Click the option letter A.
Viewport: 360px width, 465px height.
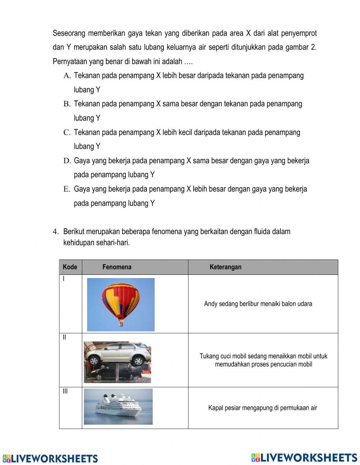tap(67, 76)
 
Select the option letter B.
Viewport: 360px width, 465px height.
tap(67, 104)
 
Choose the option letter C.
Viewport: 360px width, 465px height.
tap(67, 133)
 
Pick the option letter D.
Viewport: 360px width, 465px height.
tap(67, 161)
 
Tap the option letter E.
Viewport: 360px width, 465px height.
tap(67, 189)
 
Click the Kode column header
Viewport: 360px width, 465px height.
tap(70, 267)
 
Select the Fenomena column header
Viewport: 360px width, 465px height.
tap(117, 267)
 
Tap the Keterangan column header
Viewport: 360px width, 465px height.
tap(225, 267)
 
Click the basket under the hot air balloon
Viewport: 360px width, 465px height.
tap(121, 324)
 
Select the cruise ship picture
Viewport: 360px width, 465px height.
tap(118, 407)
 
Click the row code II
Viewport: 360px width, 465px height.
tap(64, 337)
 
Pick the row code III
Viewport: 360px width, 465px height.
tap(65, 392)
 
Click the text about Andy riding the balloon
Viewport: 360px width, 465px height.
tap(258, 304)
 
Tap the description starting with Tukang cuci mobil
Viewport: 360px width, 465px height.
tap(263, 360)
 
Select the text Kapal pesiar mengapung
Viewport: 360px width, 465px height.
tap(262, 408)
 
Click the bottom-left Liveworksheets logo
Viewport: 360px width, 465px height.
tap(50, 459)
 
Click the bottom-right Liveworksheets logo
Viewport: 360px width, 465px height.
tap(304, 457)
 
